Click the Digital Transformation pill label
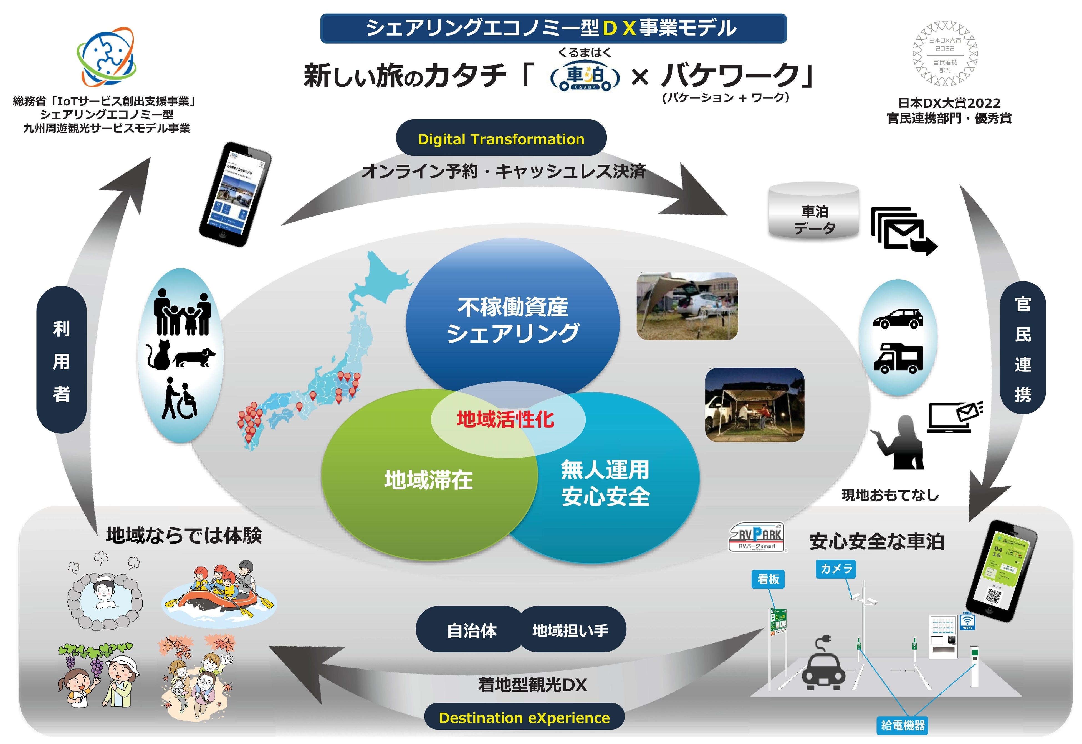(x=501, y=139)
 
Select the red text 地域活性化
(x=505, y=419)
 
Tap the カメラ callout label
(x=836, y=569)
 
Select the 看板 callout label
(x=768, y=579)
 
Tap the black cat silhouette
(x=158, y=355)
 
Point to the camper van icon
(x=898, y=358)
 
